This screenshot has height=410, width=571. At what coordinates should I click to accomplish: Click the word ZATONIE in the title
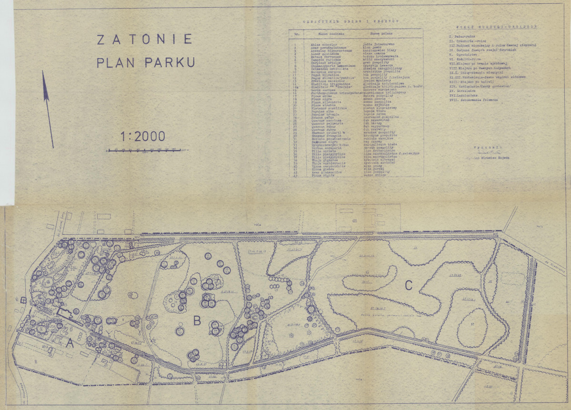click(x=144, y=39)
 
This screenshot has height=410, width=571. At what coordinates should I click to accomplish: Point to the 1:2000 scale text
click(x=143, y=137)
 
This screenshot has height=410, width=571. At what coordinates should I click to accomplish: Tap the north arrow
click(x=48, y=110)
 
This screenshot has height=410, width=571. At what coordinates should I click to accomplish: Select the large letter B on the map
click(x=197, y=321)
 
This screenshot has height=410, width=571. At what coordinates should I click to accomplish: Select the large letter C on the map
click(x=408, y=286)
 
